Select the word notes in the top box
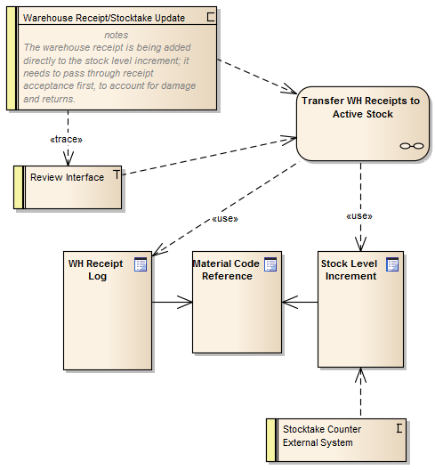click(116, 35)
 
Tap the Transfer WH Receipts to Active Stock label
click(360, 108)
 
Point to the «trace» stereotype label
click(67, 140)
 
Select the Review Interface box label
click(67, 177)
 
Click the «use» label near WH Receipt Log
click(224, 220)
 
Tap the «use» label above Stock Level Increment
click(358, 215)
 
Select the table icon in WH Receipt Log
click(140, 264)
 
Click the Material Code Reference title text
click(226, 270)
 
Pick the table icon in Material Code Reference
click(270, 264)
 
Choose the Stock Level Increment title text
click(349, 270)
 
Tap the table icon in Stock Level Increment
click(392, 264)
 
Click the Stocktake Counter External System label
click(318, 435)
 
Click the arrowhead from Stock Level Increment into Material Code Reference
click(288, 303)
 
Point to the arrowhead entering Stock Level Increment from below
click(360, 375)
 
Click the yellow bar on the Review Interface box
click(18, 186)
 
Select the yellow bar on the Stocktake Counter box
click(270, 441)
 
